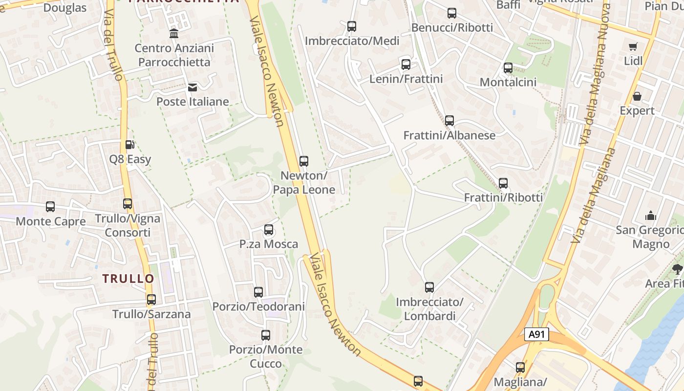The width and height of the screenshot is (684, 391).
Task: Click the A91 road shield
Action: point(536,334)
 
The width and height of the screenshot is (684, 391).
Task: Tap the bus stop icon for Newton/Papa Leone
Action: point(304,161)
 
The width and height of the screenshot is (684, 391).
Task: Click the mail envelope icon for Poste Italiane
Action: point(192,87)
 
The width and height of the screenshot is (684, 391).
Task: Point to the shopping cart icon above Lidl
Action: point(633,47)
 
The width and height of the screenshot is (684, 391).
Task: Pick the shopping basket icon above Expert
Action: point(637,96)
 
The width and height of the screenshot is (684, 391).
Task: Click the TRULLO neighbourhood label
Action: point(128,279)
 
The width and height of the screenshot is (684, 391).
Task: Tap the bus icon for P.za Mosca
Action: point(269,230)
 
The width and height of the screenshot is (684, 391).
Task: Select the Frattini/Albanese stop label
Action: point(449,135)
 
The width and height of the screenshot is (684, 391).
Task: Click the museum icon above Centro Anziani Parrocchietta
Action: point(173,34)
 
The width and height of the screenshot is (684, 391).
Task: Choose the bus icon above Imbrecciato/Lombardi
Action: point(429,287)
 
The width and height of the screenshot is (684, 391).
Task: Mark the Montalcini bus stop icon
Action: point(508,68)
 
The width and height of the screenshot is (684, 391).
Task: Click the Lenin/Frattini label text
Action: point(406,79)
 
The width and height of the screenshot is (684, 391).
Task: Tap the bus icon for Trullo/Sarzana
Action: point(151,300)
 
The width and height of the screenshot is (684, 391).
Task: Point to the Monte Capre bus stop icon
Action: point(50,207)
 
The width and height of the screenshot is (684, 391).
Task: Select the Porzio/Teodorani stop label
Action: point(258,306)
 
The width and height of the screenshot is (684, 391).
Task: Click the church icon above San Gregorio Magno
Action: point(650,216)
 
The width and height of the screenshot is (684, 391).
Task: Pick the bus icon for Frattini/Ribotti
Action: point(503,183)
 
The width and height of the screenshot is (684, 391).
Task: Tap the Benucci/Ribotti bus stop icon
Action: point(452,13)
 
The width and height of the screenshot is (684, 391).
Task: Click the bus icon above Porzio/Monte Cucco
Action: point(266,335)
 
